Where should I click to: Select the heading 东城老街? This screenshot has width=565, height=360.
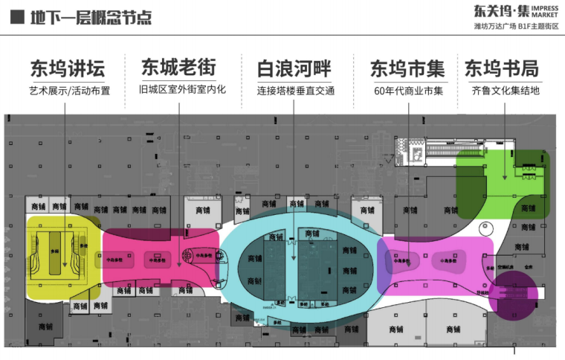178,68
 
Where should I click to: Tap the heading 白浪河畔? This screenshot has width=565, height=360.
294,68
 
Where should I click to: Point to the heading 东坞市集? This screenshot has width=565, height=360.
407,68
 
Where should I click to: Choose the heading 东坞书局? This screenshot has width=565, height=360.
502,68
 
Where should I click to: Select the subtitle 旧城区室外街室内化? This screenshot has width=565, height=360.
181,90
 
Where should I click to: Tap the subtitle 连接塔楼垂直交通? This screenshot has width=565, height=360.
295,91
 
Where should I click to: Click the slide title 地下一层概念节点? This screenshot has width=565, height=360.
91,16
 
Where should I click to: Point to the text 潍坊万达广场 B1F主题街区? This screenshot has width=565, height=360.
515,26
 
